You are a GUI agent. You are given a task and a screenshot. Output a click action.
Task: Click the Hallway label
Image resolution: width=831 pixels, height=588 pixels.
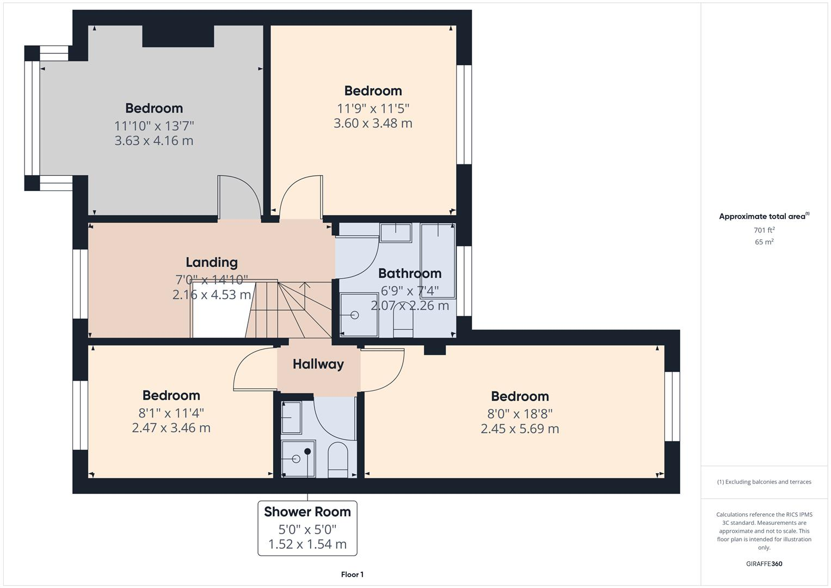(318, 364)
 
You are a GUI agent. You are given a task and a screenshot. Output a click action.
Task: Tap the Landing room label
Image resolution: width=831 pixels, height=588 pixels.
(212, 262)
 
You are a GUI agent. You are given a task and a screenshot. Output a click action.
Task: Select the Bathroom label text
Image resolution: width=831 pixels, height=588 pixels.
(409, 273)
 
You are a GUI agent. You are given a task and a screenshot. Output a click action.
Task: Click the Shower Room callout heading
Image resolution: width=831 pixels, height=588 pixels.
(307, 512)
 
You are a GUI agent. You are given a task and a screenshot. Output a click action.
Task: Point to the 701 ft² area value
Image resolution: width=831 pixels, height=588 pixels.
(764, 230)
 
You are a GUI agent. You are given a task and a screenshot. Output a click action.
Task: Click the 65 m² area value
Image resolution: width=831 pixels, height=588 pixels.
(764, 242)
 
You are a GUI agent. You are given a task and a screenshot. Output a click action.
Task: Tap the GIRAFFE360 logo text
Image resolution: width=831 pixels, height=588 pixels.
(764, 563)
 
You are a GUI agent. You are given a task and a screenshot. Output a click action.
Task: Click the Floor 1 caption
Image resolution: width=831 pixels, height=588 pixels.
(352, 574)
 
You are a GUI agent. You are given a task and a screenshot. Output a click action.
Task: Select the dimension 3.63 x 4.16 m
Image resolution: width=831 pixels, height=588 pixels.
(154, 140)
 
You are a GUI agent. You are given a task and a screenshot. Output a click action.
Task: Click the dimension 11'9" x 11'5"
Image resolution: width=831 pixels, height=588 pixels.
(373, 108)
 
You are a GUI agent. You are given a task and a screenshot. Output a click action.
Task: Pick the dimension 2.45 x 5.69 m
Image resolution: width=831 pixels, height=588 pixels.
(520, 428)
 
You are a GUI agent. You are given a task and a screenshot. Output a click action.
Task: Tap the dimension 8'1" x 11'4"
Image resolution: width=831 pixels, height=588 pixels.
(171, 413)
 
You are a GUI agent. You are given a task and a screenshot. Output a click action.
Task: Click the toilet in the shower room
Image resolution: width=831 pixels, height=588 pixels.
(338, 460)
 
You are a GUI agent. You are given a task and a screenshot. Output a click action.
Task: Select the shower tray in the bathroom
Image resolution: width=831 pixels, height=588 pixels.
(358, 315)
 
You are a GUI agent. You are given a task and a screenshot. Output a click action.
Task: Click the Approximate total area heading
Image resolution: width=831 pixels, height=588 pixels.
(764, 217)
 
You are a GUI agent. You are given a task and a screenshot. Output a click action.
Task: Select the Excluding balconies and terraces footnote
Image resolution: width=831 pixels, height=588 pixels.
(764, 482)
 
